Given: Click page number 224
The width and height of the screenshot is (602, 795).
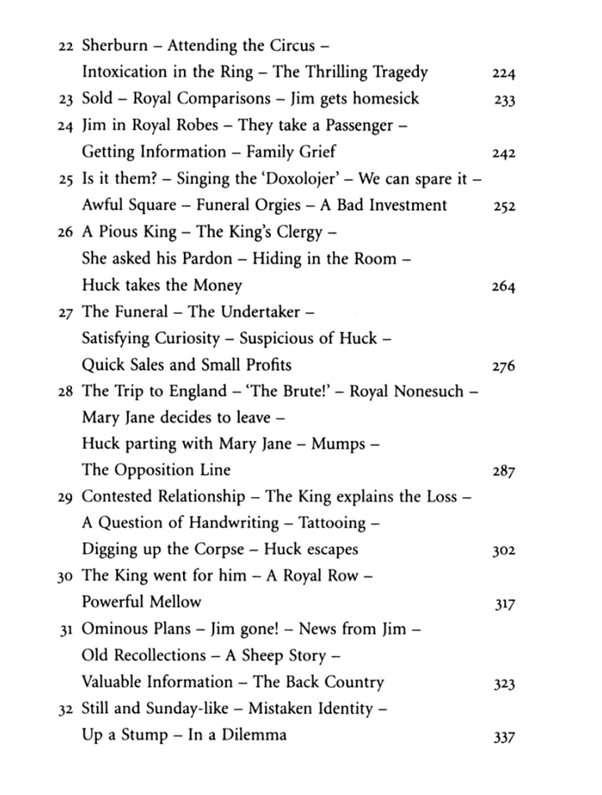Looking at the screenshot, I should (x=504, y=74).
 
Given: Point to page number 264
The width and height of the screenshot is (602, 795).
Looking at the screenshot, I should (x=504, y=287).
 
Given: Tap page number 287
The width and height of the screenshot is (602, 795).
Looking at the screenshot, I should (x=504, y=472).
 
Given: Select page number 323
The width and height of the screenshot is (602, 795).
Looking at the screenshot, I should (x=504, y=685).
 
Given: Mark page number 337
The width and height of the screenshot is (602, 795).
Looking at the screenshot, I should (x=504, y=738).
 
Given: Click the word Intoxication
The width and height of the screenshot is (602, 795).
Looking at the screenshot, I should (x=131, y=72).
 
